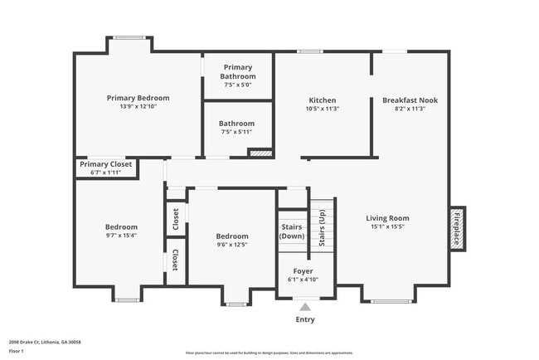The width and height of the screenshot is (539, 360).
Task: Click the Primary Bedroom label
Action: point(138,98)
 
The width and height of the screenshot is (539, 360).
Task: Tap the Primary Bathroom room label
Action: point(237,71)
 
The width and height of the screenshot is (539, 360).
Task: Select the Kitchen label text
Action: point(322,100)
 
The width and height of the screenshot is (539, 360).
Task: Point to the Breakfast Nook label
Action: point(410,100)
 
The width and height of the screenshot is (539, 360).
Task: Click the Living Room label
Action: point(387,218)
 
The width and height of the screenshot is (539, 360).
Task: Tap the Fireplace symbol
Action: point(456,226)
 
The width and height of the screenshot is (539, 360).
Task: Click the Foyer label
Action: point(303,270)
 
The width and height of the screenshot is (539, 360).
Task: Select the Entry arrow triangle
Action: point(304,307)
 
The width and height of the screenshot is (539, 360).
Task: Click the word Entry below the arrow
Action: point(304,319)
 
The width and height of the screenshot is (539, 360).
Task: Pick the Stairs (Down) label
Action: point(292,230)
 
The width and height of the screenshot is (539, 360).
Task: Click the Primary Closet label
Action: point(105,164)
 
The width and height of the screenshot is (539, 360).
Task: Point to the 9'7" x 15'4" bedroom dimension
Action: point(121,236)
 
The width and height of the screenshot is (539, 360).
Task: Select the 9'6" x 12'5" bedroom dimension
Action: point(232,244)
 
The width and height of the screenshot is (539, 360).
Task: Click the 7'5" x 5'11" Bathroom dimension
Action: point(237,132)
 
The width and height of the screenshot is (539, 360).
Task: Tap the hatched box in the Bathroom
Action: point(260,153)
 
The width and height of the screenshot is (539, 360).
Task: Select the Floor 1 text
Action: point(17,352)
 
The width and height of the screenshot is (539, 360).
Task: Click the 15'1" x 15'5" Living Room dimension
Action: point(387,227)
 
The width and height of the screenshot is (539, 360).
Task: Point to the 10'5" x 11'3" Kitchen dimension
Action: point(322,109)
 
